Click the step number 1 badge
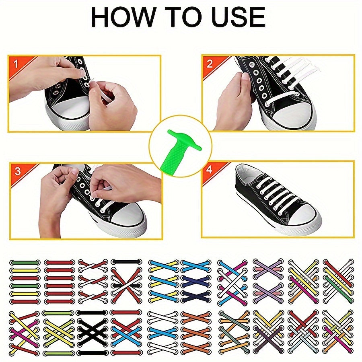pyautogui.click(x=16, y=64)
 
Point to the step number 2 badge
pyautogui.click(x=210, y=63)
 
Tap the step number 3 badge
pyautogui.click(x=17, y=171)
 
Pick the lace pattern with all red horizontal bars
pyautogui.click(x=59, y=282)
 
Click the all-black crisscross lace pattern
pyautogui.click(x=93, y=332)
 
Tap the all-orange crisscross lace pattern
pyautogui.click(x=195, y=332)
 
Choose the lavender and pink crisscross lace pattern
pyautogui.click(x=267, y=282)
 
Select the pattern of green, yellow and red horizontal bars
pyautogui.click(x=25, y=282)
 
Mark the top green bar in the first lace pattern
pyautogui.click(x=25, y=263)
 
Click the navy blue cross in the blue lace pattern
pyautogui.click(x=195, y=281)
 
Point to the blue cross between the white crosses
pyautogui.click(x=163, y=332)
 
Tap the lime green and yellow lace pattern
pyautogui.click(x=59, y=332)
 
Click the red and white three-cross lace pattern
pyautogui.click(x=93, y=282)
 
